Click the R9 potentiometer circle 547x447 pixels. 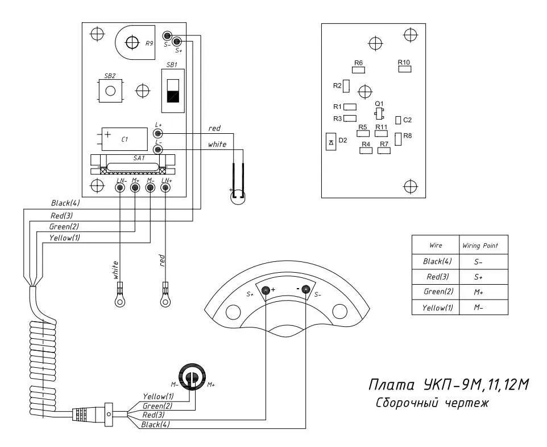click(x=132, y=42)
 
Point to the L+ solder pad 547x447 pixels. click(x=159, y=133)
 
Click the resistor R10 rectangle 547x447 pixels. click(x=404, y=69)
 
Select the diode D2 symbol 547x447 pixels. click(x=331, y=141)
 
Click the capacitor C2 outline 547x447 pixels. click(x=399, y=120)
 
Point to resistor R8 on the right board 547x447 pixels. click(x=398, y=138)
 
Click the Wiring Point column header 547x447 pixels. click(x=480, y=245)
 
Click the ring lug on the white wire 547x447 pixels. click(x=120, y=297)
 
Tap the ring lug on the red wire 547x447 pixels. click(x=165, y=297)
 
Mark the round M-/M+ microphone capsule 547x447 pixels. click(x=192, y=376)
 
